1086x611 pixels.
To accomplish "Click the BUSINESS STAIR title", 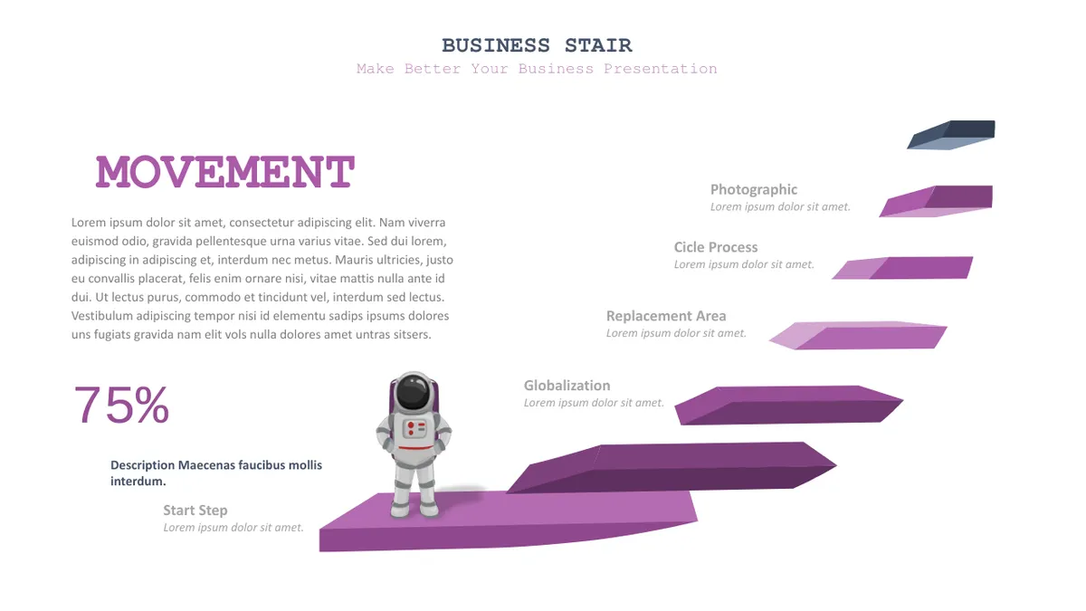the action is [x=537, y=45].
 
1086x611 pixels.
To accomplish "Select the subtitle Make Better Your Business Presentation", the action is [x=537, y=69].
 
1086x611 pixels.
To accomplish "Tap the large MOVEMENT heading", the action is [x=225, y=171].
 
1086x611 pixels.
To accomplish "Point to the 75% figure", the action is [x=121, y=405].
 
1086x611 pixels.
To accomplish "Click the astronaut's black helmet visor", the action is [x=413, y=392].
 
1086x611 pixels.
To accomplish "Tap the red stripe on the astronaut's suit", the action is [x=415, y=448].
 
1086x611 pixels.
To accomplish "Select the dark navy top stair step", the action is [x=951, y=135].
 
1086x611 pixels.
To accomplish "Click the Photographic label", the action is [x=753, y=189].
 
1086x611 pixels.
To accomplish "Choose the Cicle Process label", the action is [x=716, y=247].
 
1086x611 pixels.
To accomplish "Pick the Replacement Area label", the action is [x=666, y=316].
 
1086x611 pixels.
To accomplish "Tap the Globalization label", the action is [x=567, y=386].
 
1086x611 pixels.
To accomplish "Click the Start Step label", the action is [x=195, y=511].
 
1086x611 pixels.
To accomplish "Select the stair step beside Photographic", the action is [x=936, y=201].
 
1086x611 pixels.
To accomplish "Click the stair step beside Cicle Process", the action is [x=903, y=268].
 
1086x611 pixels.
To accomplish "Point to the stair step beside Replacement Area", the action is [x=858, y=335].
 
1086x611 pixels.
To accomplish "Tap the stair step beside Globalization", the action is [x=789, y=406].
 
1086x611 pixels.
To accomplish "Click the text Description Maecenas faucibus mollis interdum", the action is [x=216, y=473].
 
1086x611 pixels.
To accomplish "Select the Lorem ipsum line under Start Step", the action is [x=233, y=527].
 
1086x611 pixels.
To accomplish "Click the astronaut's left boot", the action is [x=430, y=509].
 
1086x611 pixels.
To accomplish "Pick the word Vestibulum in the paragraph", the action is [x=101, y=316].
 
